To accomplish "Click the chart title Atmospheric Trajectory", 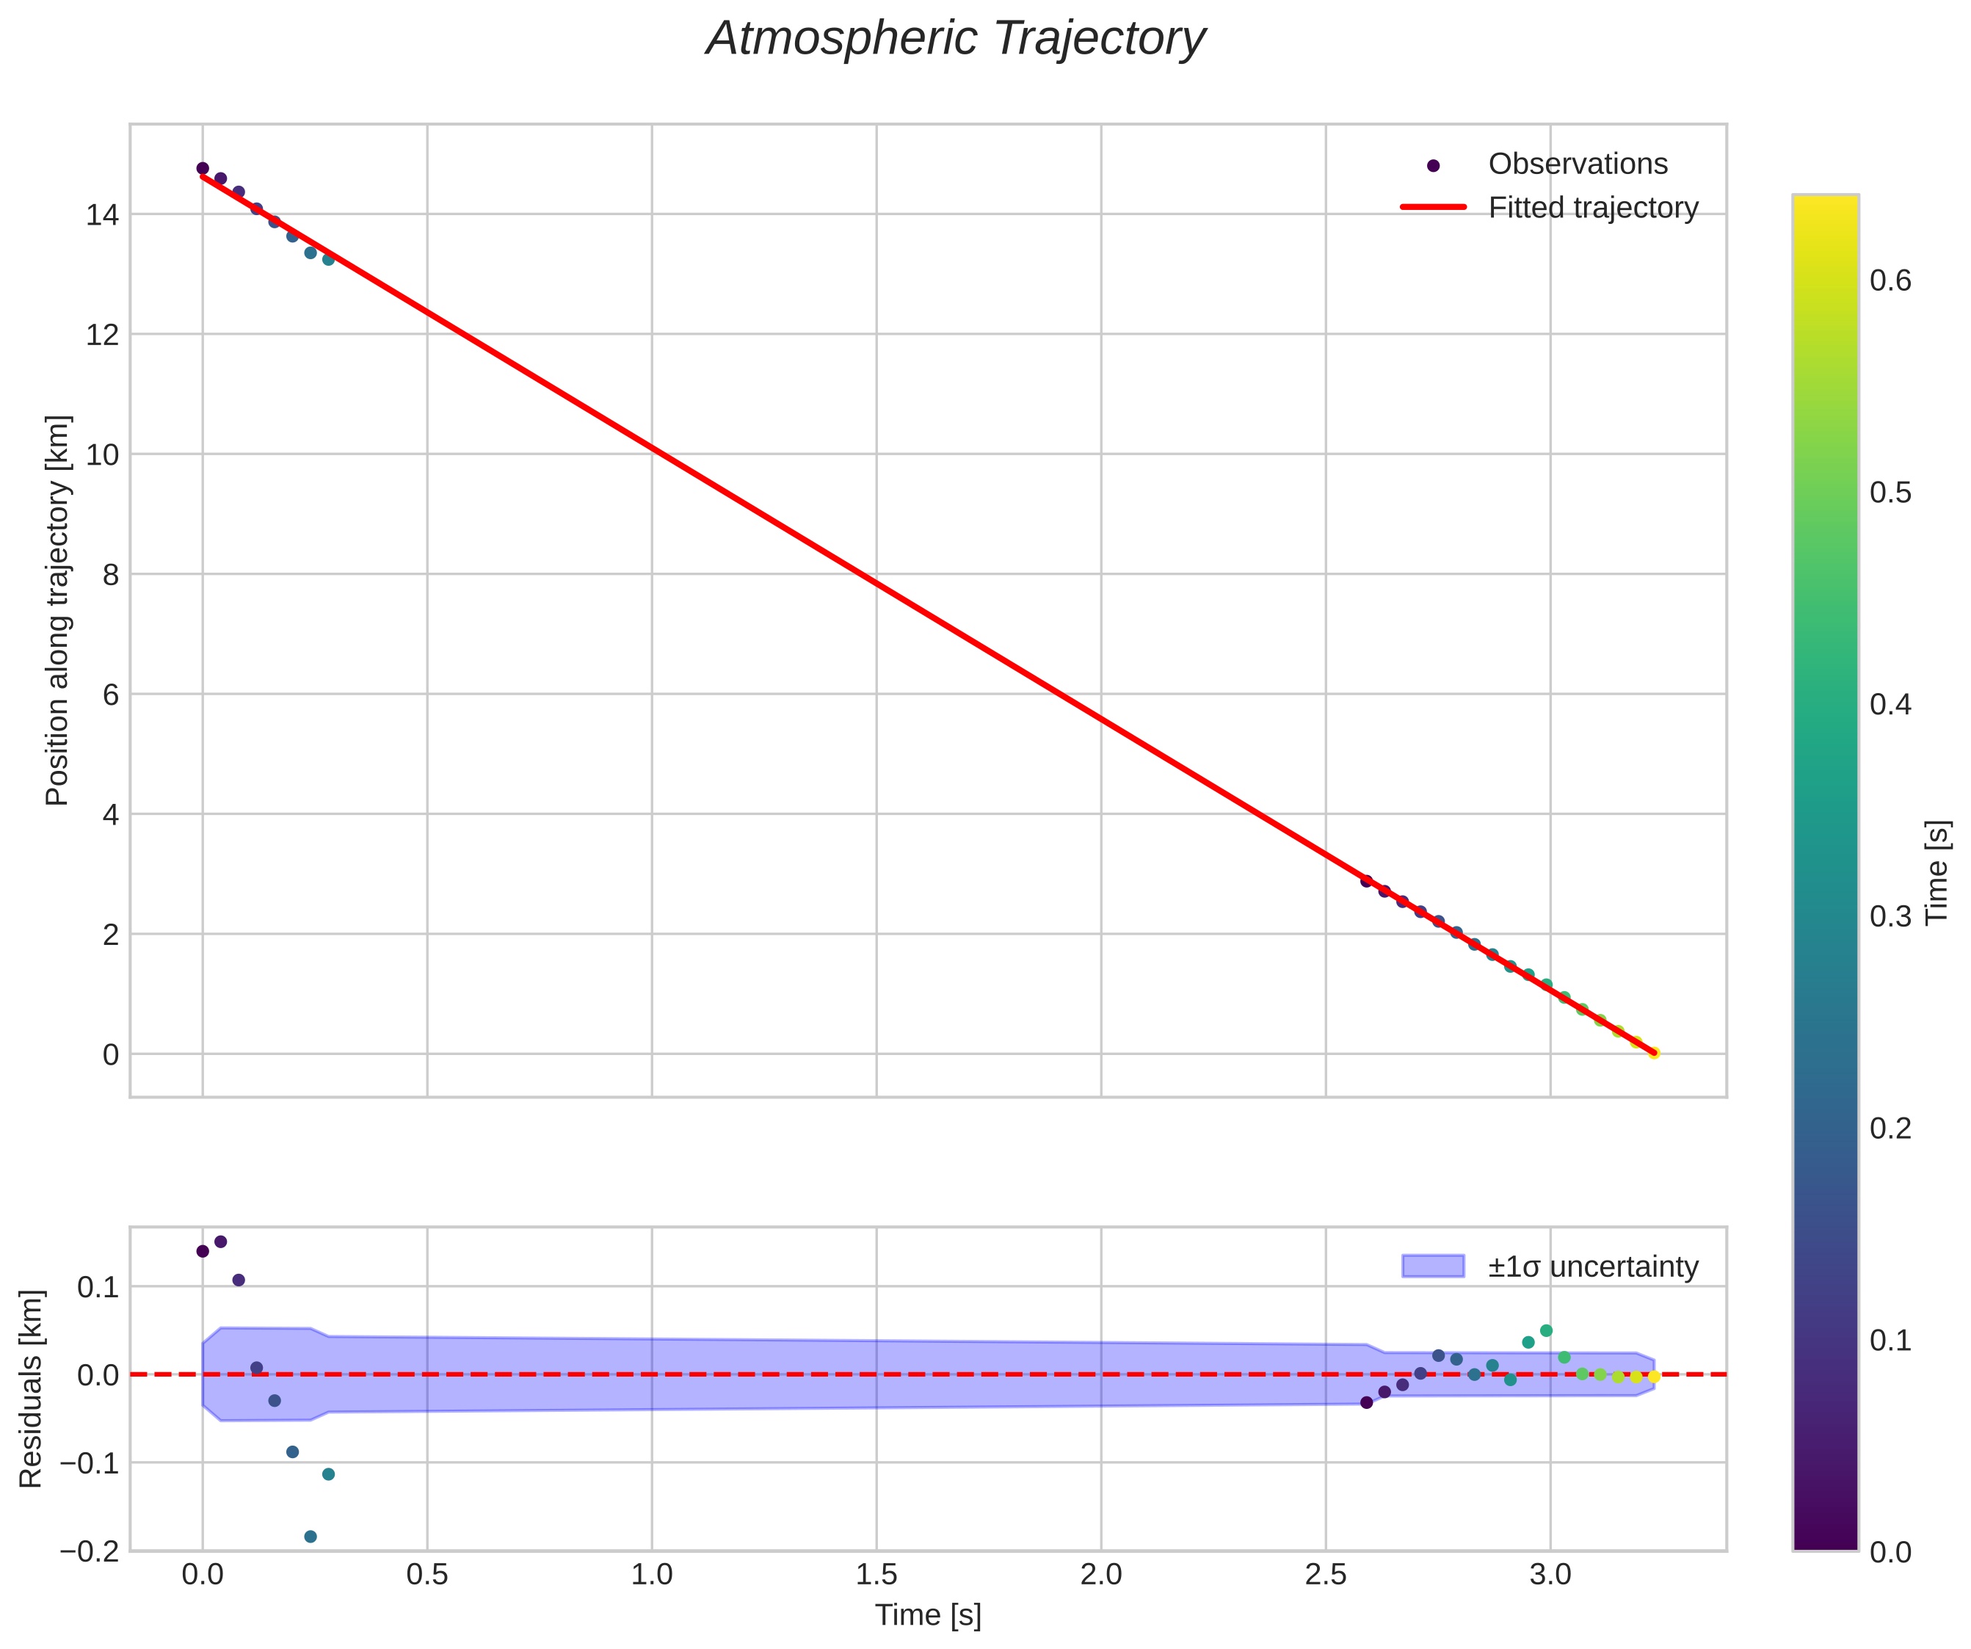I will click(x=956, y=40).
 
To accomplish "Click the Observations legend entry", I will click(x=1577, y=164).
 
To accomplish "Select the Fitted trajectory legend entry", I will click(x=1593, y=208).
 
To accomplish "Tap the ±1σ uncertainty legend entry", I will click(x=1593, y=1267).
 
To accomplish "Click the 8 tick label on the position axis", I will click(x=111, y=574).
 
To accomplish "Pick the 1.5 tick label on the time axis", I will click(x=876, y=1575).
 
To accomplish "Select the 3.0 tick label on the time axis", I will click(x=1550, y=1575).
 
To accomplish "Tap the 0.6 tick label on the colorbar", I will click(x=1890, y=280).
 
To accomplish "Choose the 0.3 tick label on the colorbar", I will click(x=1890, y=916).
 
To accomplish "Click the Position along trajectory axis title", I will click(x=57, y=610).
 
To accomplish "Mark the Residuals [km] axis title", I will click(x=31, y=1389).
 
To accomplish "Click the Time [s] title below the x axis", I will click(x=927, y=1615).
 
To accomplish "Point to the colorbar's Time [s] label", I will click(x=1937, y=873).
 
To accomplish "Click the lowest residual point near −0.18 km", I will click(x=311, y=1537).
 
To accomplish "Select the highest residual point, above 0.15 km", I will click(x=220, y=1242).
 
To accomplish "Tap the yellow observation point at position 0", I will click(x=1654, y=1053).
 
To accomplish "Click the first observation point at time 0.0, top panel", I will click(x=203, y=169).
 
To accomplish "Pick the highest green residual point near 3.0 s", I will click(x=1546, y=1331).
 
